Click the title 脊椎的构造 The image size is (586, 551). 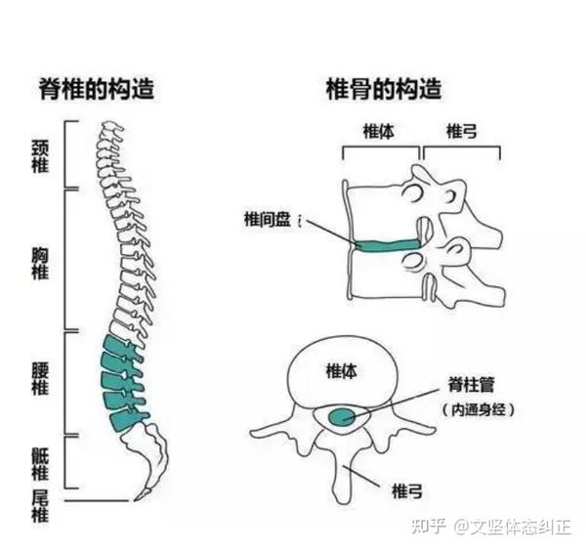96,90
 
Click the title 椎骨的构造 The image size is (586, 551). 383,90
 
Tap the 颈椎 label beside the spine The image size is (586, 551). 40,153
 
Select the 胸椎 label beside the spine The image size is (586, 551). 40,262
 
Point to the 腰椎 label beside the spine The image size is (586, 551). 40,378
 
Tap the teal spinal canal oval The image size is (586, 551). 343,417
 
